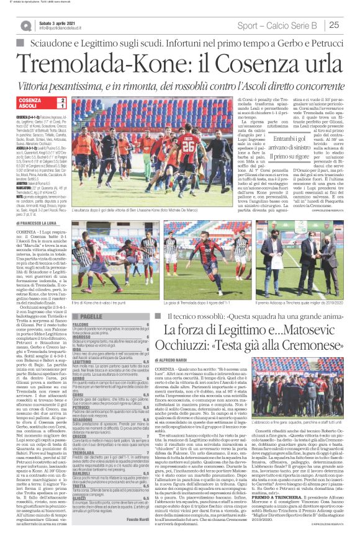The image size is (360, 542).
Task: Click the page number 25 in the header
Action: (350, 25)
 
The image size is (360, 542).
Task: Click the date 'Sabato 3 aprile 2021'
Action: (55, 22)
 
